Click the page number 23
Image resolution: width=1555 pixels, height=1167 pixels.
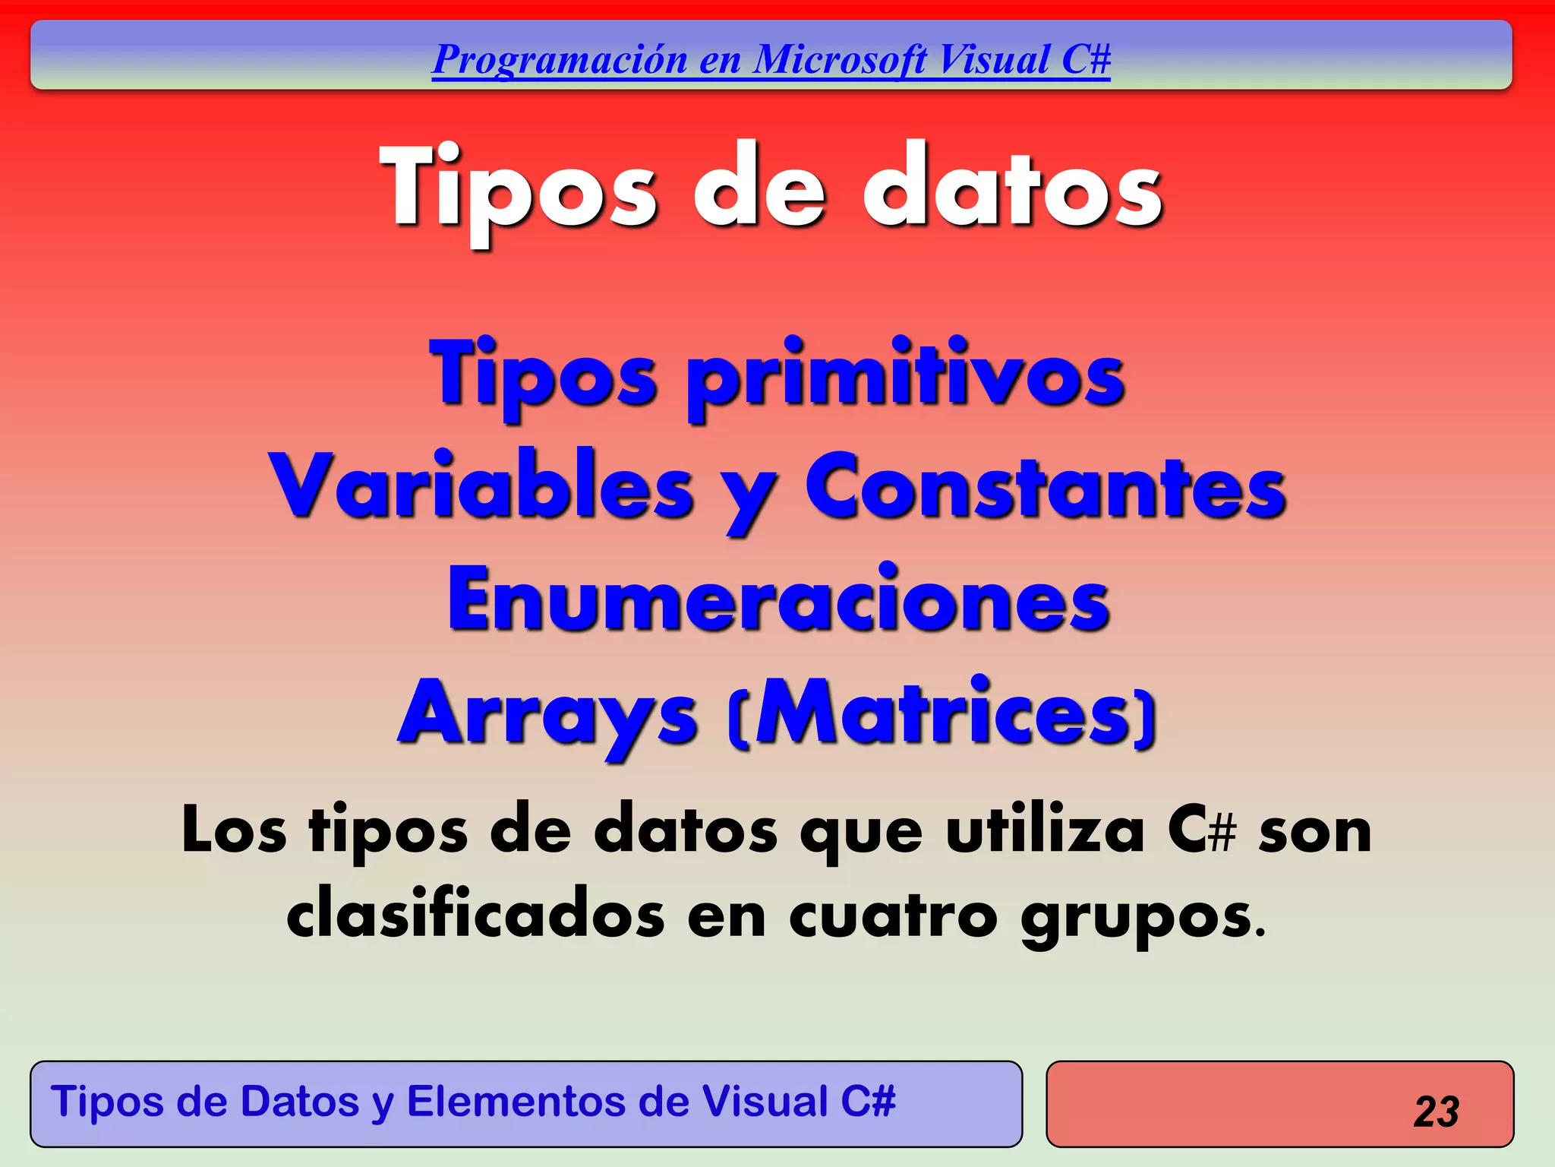[1436, 1112]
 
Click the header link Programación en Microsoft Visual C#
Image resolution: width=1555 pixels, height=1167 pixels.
[771, 59]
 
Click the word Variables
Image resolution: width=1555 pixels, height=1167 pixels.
[481, 486]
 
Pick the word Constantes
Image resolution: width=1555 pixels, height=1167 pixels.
[1046, 486]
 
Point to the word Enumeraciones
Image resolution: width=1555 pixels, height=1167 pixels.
[778, 600]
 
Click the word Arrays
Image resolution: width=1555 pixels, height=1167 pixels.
[547, 714]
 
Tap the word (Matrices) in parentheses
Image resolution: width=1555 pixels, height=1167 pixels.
[942, 714]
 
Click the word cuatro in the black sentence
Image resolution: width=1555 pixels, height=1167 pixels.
[893, 916]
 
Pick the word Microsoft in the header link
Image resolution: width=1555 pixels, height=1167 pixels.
[841, 59]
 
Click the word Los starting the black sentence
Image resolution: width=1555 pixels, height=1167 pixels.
[234, 830]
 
